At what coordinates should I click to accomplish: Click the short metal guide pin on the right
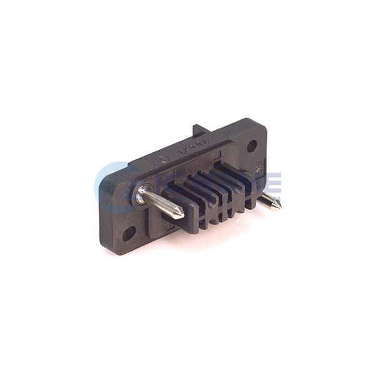pyautogui.click(x=269, y=201)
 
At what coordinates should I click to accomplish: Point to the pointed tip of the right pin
pyautogui.click(x=278, y=206)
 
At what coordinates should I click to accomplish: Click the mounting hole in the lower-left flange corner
pyautogui.click(x=129, y=234)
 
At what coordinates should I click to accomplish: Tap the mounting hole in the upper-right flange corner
pyautogui.click(x=252, y=146)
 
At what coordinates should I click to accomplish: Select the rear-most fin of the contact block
pyautogui.click(x=240, y=172)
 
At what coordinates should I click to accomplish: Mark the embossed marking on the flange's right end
pyautogui.click(x=256, y=167)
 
